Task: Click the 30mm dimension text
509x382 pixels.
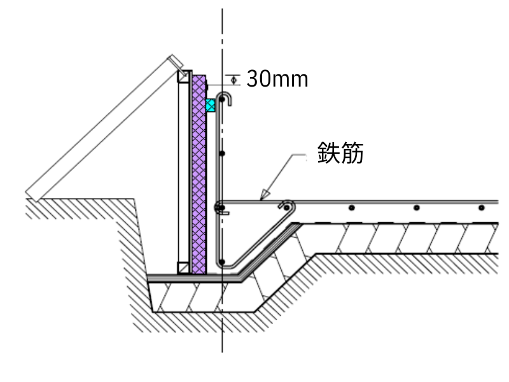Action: tap(277, 79)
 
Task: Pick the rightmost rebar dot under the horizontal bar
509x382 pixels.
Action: tap(481, 208)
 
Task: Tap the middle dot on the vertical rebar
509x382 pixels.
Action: tap(221, 153)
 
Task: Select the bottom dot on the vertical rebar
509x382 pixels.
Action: tap(221, 260)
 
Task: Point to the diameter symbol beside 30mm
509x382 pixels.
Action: tap(234, 80)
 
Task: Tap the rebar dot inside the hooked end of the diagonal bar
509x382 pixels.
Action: tap(286, 207)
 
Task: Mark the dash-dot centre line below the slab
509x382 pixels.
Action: tap(222, 331)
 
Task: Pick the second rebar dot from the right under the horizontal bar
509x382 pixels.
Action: tap(416, 208)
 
